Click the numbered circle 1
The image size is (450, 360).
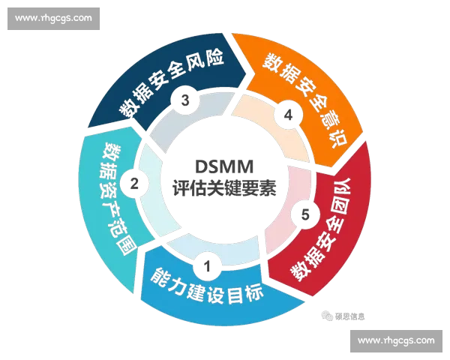pos(207,266)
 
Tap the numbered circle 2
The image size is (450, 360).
pos(134,184)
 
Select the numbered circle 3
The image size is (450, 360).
pos(185,100)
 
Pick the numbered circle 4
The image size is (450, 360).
pos(288,115)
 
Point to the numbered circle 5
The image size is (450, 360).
pos(305,214)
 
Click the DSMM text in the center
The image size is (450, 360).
pos(224,166)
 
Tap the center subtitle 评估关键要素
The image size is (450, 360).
pos(224,188)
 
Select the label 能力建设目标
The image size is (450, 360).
pos(207,287)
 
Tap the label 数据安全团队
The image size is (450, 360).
pos(322,229)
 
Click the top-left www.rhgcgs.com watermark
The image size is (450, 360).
pos(54,19)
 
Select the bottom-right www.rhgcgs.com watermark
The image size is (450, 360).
pos(396,341)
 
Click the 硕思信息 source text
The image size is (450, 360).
pos(349,316)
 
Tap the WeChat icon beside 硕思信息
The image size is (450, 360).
pos(328,316)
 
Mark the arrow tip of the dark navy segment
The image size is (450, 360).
pos(246,73)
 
